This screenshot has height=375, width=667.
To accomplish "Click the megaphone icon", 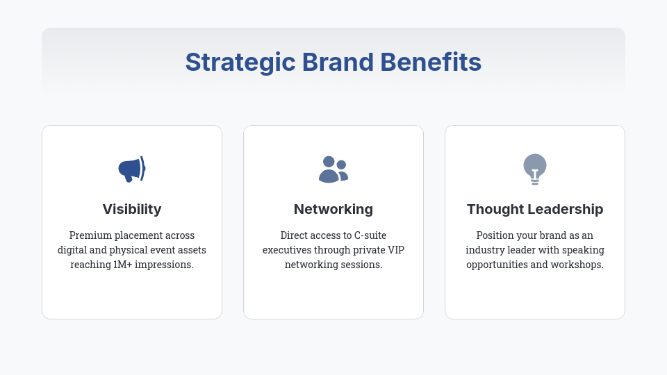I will [x=132, y=169].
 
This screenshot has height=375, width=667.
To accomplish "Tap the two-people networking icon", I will [x=333, y=169].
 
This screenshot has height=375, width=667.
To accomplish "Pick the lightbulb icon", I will [x=535, y=169].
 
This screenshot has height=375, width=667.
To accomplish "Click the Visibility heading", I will [x=132, y=209].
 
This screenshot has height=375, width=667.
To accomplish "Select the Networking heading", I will [x=333, y=209].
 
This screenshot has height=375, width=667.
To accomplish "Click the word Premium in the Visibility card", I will [x=89, y=235].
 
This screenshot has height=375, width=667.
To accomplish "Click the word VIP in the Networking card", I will [x=395, y=250].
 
